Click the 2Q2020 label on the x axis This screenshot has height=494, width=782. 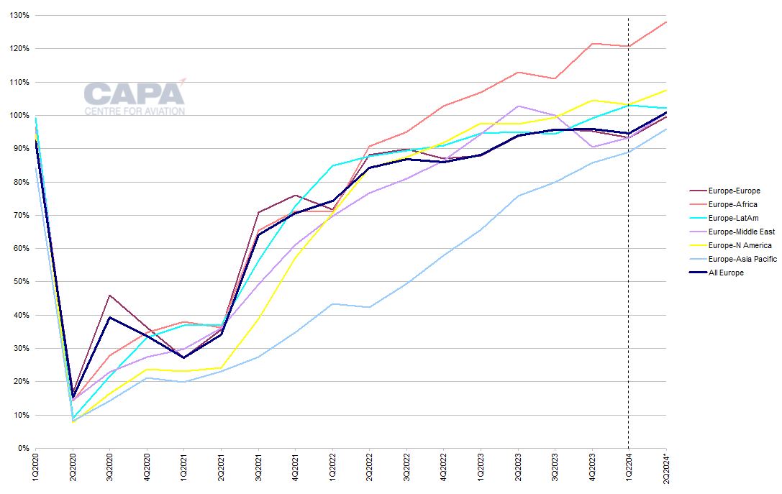[73, 468]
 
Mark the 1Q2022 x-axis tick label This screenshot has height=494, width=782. [332, 468]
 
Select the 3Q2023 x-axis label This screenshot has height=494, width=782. [555, 468]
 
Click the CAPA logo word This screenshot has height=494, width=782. [134, 94]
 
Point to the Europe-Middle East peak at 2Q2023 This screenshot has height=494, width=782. [518, 106]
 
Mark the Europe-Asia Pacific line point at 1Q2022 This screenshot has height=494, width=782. [332, 303]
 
